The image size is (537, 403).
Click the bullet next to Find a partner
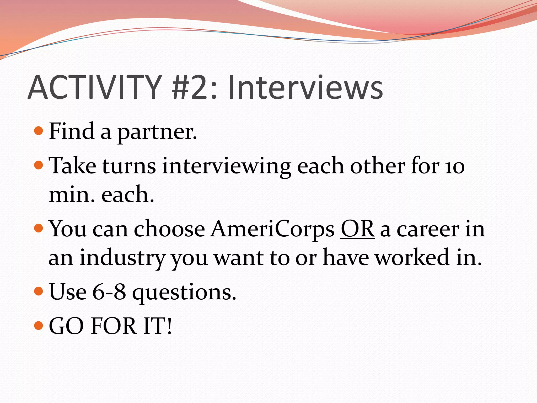[x=39, y=131]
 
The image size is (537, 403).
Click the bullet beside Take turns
[x=39, y=165]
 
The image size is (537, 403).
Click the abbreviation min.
[x=72, y=195]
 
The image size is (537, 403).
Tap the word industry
[x=122, y=258]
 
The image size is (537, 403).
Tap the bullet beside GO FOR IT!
[x=39, y=326]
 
